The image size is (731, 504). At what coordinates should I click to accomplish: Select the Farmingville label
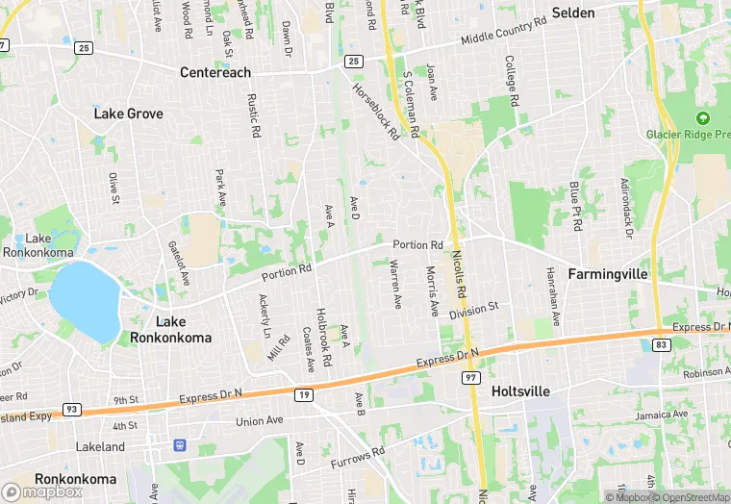coord(607,274)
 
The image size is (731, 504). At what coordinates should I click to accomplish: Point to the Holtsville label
coord(520,391)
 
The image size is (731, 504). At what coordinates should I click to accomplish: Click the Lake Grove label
coord(128,113)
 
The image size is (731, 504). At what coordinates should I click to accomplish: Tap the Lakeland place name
coord(100,447)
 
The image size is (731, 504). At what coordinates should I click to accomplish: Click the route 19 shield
coord(304,394)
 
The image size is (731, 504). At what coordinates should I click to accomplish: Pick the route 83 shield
coord(660,344)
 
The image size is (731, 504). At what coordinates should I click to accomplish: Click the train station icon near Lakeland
coord(179,445)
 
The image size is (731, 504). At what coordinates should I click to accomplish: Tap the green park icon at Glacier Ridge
coord(702,118)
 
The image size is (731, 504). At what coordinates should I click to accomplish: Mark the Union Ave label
coord(260,421)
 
